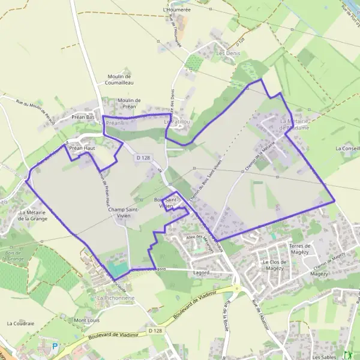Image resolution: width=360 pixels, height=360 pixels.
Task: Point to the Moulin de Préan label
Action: point(129,103)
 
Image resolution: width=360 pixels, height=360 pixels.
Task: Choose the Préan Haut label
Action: point(82,147)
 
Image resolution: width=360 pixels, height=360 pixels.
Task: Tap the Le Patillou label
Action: point(177,121)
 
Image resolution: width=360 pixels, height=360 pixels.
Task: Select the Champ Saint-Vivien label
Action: point(127,213)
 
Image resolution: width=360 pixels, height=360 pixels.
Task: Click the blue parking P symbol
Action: point(55,346)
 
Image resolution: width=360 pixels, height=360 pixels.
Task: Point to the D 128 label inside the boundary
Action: point(143,157)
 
